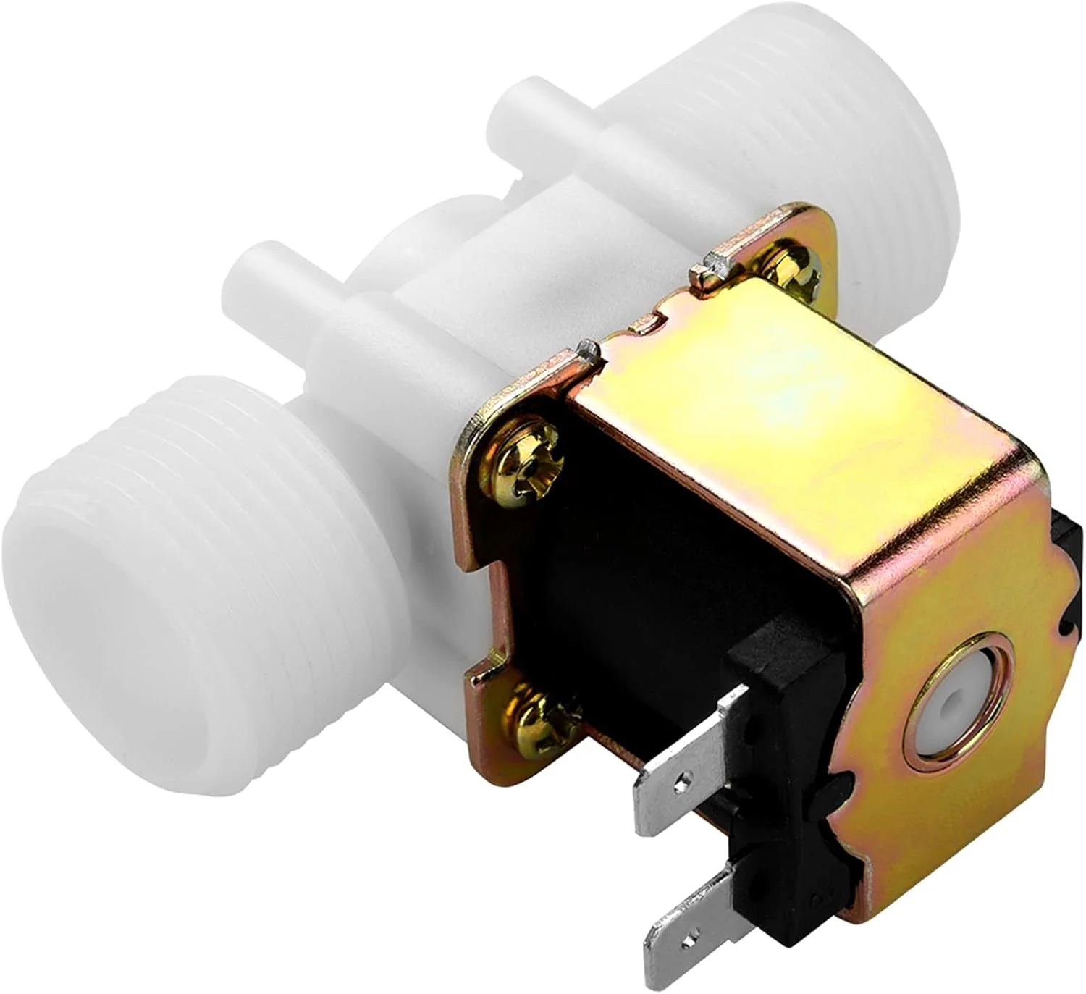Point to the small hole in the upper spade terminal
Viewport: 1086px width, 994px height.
[678, 782]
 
